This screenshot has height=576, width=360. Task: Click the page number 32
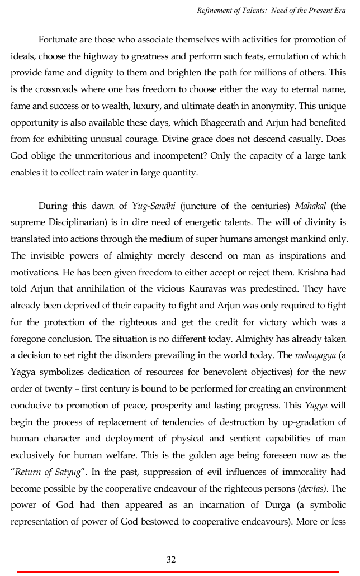click(x=172, y=559)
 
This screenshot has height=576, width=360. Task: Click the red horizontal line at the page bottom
click(x=178, y=572)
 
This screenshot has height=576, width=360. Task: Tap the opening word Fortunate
click(x=60, y=40)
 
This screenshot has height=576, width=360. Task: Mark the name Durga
click(x=294, y=505)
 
